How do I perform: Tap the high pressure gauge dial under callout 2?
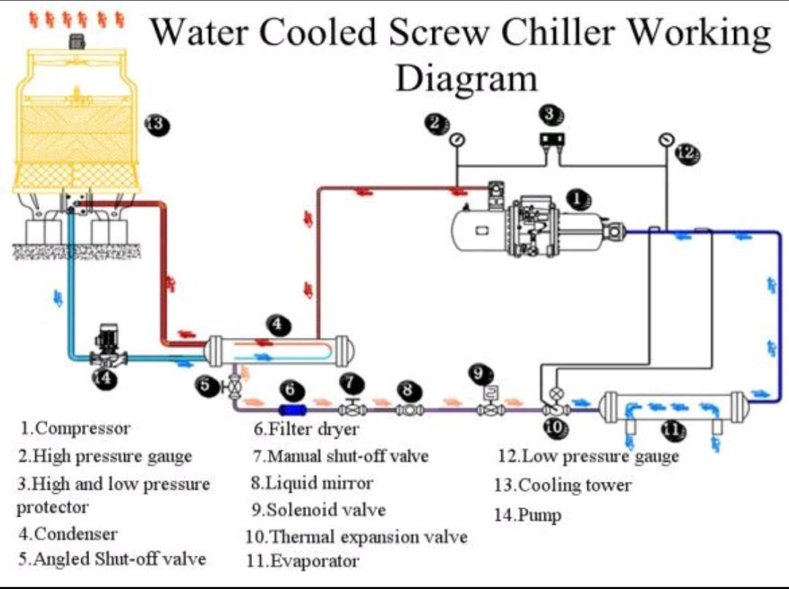[457, 139]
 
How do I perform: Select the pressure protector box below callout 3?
[550, 139]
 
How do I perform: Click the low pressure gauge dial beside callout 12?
[665, 139]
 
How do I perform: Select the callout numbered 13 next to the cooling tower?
[156, 125]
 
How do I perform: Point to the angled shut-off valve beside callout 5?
[234, 387]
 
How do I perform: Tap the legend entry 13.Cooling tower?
[563, 485]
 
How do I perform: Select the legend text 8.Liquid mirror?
[312, 483]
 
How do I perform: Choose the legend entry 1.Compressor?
[75, 428]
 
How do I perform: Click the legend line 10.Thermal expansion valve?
[357, 537]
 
